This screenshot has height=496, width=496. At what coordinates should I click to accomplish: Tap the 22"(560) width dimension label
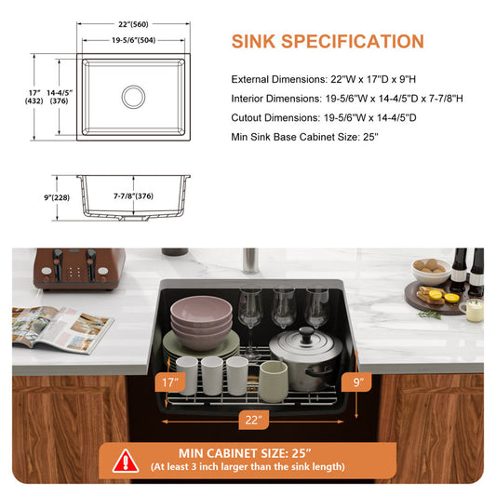(133, 24)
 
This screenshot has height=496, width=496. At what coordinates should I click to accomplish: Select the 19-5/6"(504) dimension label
(133, 40)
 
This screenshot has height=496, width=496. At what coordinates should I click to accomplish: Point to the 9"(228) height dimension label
(57, 197)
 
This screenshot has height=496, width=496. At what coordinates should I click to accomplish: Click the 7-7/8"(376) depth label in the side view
(133, 196)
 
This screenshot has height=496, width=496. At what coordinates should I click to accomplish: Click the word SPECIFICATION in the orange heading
(353, 42)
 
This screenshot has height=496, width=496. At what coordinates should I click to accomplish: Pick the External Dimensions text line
(323, 79)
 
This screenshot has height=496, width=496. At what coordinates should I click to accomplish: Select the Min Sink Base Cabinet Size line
(304, 137)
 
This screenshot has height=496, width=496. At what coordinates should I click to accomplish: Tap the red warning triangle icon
(126, 461)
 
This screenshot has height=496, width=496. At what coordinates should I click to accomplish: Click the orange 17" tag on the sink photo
(170, 382)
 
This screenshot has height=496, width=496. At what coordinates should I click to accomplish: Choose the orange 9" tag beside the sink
(356, 382)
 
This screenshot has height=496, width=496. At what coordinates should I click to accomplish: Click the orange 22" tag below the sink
(253, 420)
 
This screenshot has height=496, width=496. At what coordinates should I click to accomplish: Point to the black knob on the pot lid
(306, 334)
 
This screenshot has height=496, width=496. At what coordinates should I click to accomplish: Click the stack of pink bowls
(202, 322)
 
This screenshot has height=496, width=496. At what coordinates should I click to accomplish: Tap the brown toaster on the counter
(79, 269)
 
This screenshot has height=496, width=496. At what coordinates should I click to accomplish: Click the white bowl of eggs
(431, 272)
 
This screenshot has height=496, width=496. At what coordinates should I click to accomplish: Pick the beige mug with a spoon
(274, 382)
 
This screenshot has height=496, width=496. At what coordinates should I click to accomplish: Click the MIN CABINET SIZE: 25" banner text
(245, 453)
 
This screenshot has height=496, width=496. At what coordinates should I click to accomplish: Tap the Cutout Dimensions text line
(324, 117)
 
